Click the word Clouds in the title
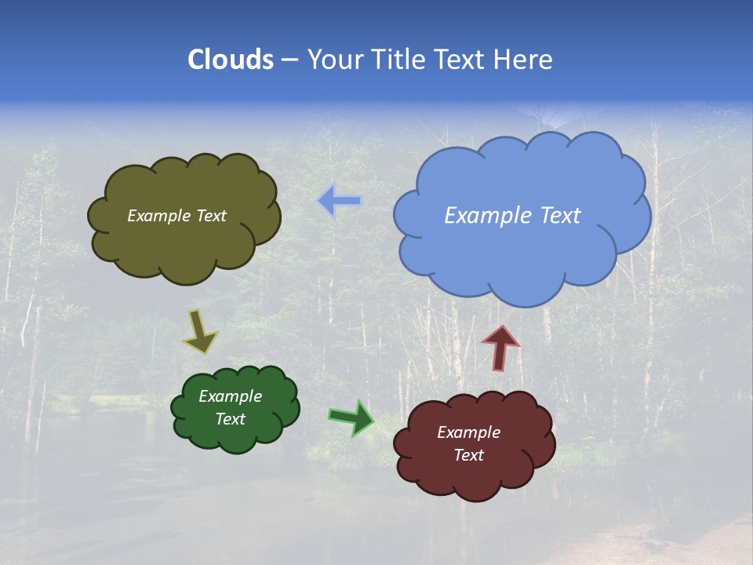(x=231, y=60)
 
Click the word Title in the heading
(x=398, y=60)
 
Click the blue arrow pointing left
(x=340, y=201)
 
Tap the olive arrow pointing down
(x=200, y=332)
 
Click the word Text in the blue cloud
(x=560, y=216)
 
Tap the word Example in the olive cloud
(x=159, y=216)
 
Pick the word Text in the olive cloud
(x=211, y=216)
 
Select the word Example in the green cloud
(x=231, y=396)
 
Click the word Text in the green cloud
(x=231, y=419)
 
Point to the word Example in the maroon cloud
(x=468, y=432)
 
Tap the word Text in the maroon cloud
(x=468, y=455)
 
